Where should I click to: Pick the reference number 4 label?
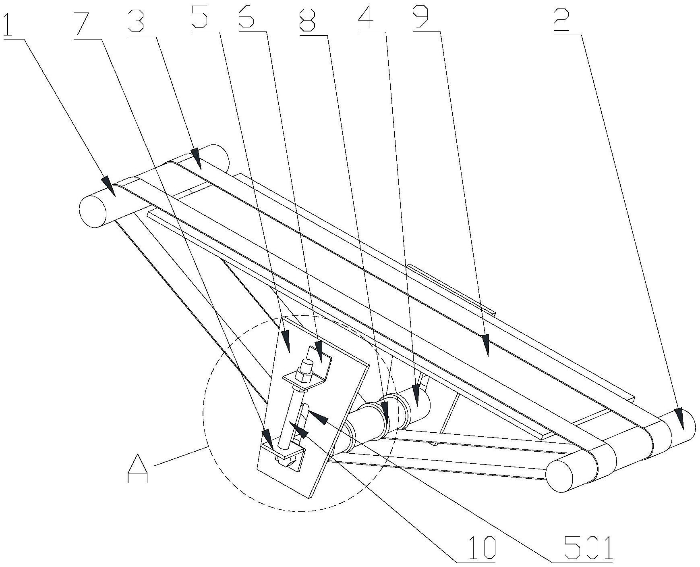click(x=367, y=19)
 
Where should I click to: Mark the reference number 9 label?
click(x=426, y=19)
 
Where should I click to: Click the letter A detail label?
click(x=138, y=469)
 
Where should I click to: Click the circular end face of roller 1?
click(x=93, y=211)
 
